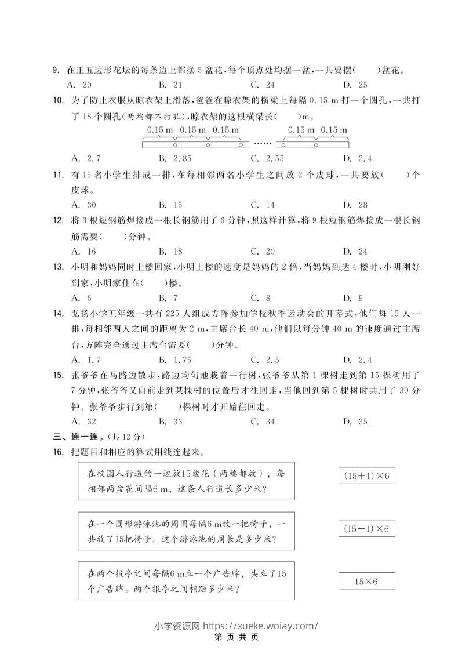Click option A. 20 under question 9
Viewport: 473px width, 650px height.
coord(82,85)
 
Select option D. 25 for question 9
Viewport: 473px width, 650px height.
coord(355,85)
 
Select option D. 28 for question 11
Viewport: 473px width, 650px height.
coord(355,205)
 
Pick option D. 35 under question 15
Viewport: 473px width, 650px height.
coord(355,422)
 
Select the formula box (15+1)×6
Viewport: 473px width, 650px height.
coord(366,476)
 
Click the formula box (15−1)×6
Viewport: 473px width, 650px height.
coord(366,529)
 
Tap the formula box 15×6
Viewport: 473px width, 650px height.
coord(366,581)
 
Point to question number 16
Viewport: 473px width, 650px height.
coord(57,452)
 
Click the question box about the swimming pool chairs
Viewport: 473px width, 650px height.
coord(186,531)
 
